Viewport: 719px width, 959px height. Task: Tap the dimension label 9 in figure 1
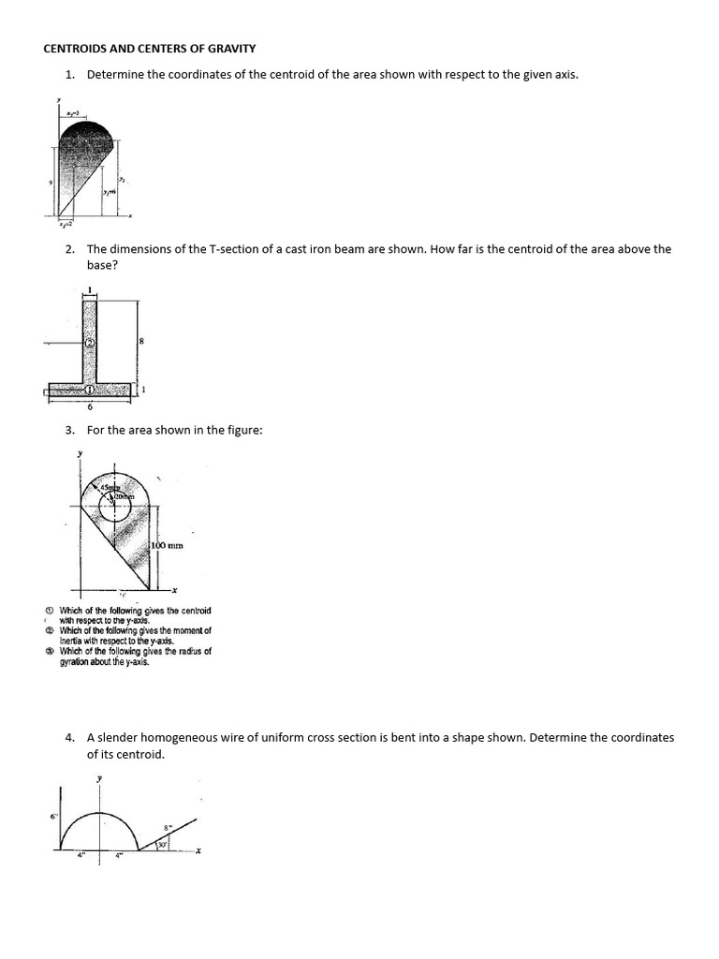(50, 183)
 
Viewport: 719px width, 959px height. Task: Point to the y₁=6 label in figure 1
(110, 190)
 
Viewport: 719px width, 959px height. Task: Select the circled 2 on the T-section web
(90, 343)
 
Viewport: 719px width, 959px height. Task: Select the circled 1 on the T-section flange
(90, 390)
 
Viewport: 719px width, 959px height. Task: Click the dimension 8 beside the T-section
(140, 342)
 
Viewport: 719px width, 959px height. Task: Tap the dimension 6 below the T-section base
(90, 406)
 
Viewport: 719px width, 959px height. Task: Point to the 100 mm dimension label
(166, 544)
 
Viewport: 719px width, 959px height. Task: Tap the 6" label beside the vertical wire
(53, 818)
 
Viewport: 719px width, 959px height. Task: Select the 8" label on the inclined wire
(168, 828)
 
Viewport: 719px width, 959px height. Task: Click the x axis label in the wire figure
(199, 851)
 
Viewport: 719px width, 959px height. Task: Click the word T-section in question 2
(245, 249)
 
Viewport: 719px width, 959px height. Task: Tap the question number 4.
(70, 737)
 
